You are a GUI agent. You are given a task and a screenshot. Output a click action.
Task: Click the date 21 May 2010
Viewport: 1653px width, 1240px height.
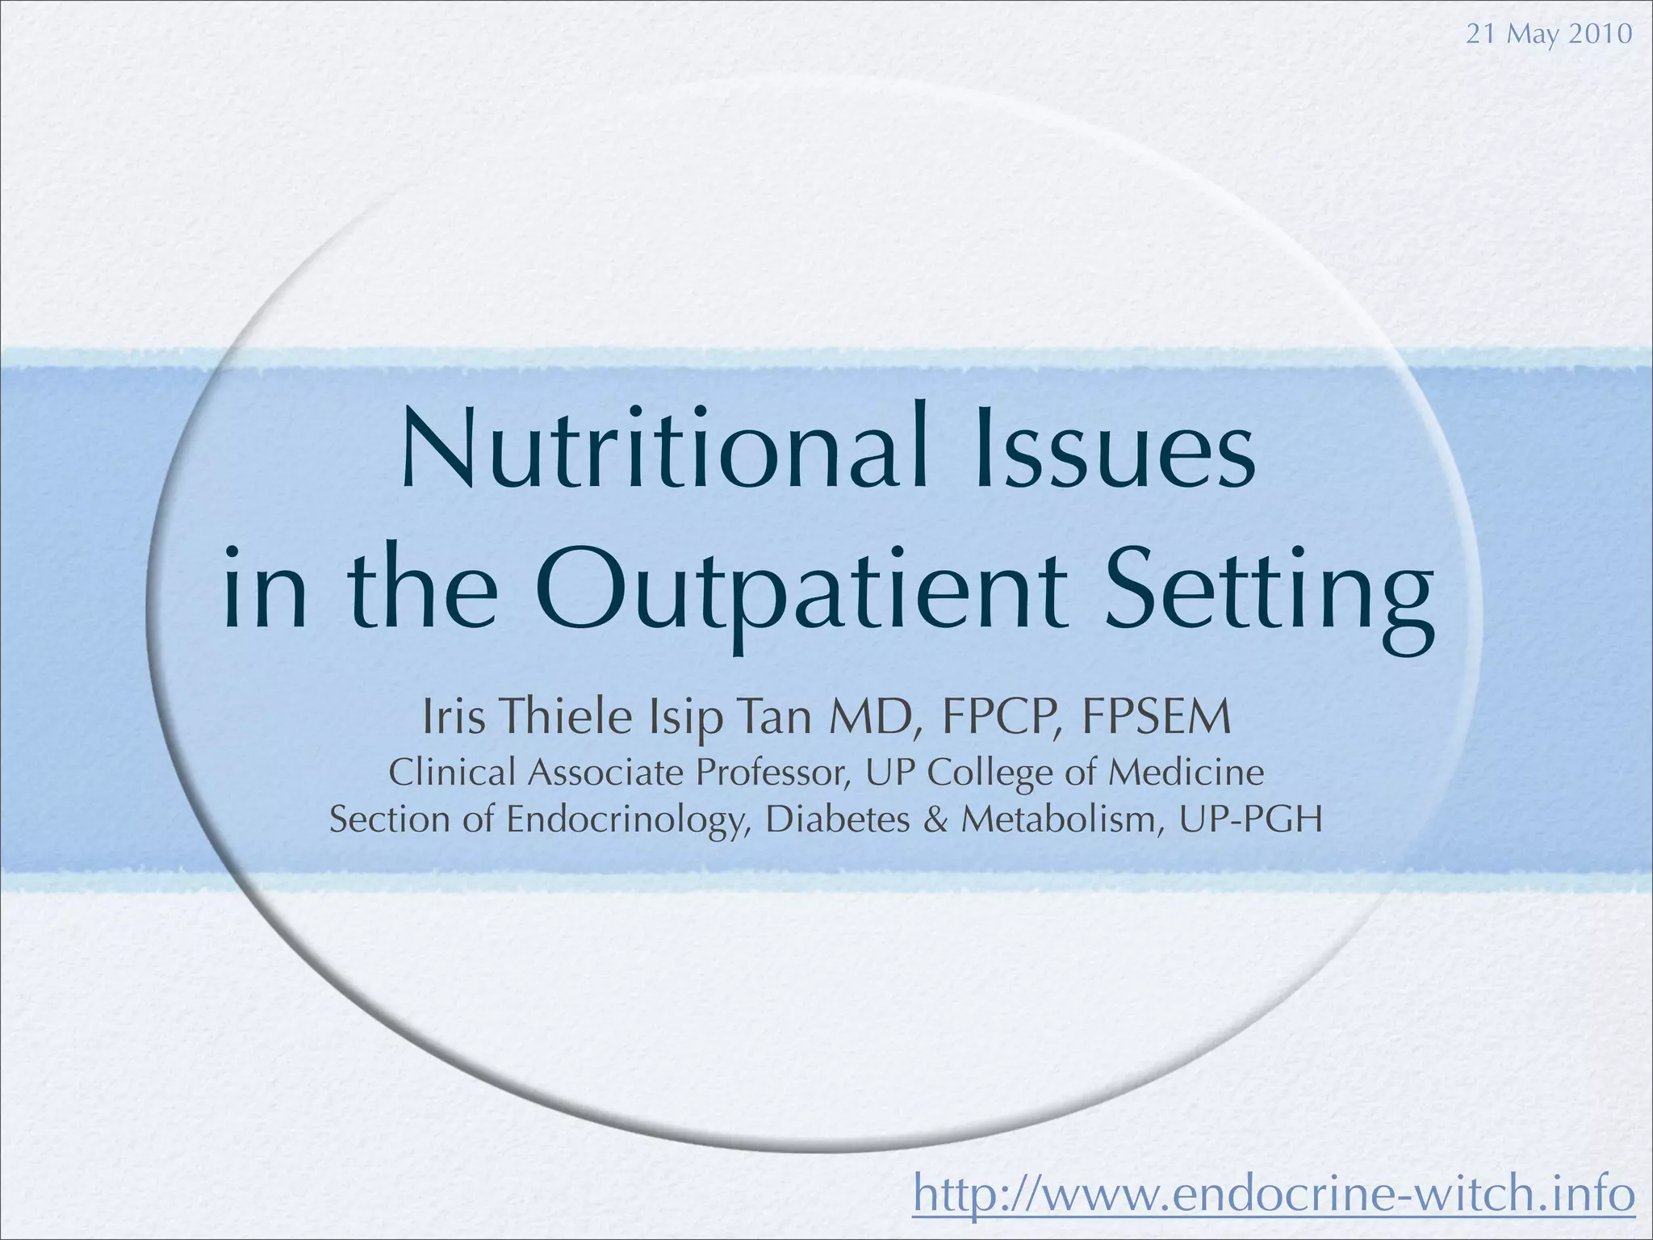point(1548,34)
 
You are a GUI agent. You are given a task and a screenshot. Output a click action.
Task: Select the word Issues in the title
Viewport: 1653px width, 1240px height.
point(1115,449)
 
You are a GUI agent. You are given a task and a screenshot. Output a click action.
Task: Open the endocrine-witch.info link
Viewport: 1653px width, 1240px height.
point(1274,1195)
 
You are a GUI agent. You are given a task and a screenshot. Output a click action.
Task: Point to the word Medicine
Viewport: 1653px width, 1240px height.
point(1186,773)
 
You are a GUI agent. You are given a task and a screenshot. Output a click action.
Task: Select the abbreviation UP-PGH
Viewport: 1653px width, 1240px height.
point(1250,820)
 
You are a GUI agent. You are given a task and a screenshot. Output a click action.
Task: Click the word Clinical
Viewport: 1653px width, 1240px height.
point(452,773)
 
